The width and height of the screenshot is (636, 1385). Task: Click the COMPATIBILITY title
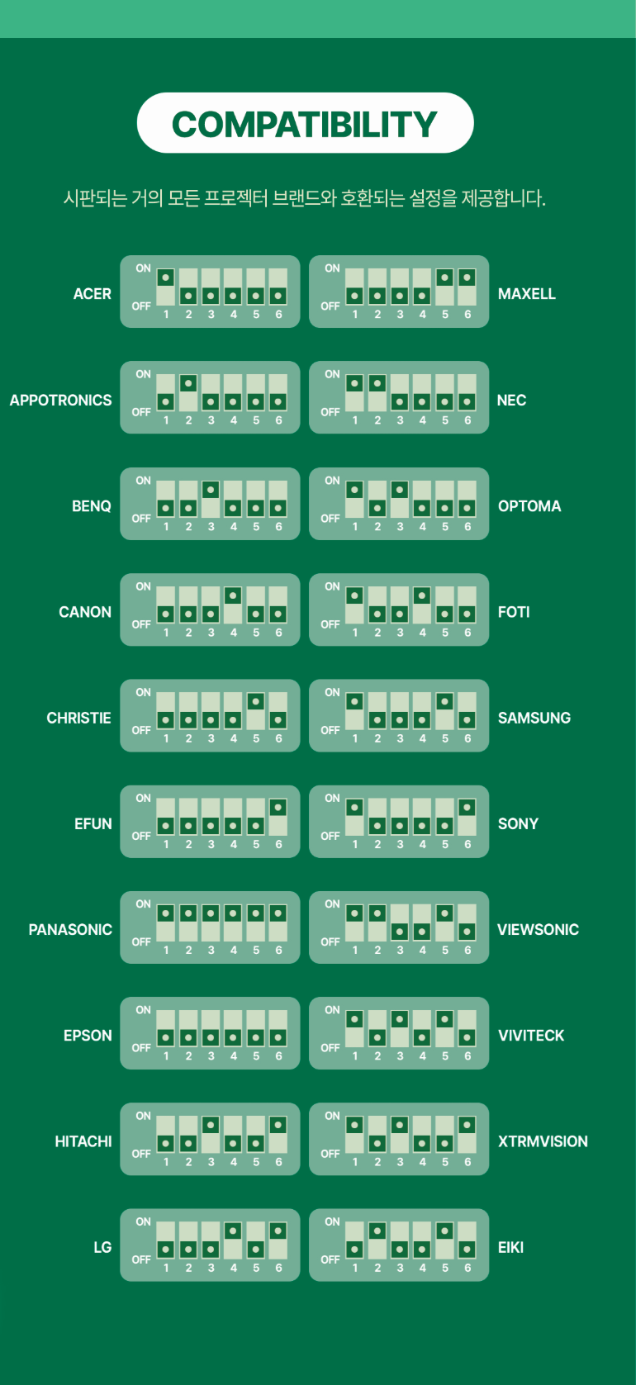305,124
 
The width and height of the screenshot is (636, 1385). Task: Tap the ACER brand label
92,294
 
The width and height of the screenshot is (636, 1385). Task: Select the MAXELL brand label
526,294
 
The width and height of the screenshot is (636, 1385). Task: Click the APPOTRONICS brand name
60,401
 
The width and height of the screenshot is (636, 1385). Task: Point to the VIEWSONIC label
538,930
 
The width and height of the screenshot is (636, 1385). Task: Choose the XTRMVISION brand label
543,1141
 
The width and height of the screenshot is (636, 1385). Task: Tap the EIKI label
510,1247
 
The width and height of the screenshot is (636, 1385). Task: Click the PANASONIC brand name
70,930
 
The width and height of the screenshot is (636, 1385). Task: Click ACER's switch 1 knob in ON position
166,277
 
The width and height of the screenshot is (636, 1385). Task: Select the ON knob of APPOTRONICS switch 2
188,384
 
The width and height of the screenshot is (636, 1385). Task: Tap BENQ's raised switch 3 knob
211,490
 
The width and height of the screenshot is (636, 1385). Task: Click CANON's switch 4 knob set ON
233,595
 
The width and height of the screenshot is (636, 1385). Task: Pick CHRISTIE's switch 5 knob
256,702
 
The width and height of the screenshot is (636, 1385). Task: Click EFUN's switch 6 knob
278,808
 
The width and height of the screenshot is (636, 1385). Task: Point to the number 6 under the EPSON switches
278,1056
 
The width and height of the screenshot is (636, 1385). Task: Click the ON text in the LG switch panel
143,1221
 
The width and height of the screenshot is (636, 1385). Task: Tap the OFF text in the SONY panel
330,836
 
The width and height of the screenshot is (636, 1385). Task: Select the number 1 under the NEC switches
355,420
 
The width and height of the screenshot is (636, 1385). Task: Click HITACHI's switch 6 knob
278,1125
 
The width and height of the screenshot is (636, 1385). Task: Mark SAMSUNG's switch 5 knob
444,702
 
